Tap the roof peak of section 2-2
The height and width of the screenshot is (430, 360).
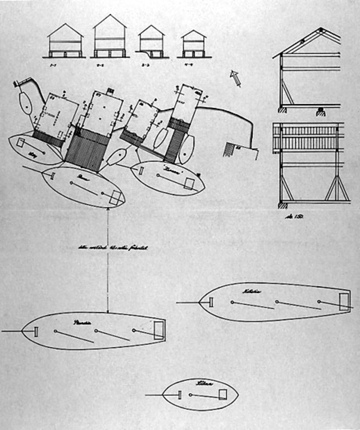coord(110,15)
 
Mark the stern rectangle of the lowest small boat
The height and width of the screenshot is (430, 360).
coord(223,394)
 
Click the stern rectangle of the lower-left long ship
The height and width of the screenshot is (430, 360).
coord(158,330)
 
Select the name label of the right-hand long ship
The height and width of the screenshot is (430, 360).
coord(253,292)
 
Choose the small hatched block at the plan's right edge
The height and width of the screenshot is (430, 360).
coord(228,148)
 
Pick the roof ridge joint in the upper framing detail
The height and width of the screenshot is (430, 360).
coord(321,29)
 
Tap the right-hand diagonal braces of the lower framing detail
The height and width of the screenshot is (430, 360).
coord(337,188)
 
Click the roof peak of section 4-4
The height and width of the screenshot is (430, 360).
coord(194,30)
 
